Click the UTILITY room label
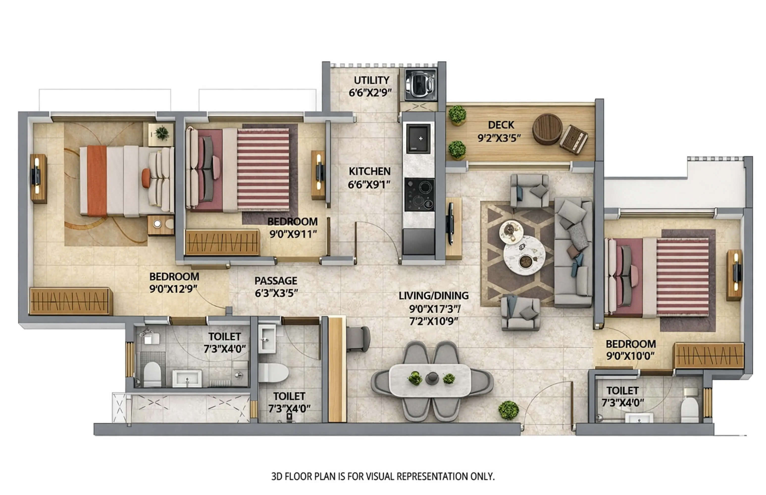coord(371,80)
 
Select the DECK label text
coord(501,125)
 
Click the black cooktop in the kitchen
coord(419,195)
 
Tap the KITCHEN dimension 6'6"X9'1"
coord(369,184)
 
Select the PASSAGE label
coord(276,281)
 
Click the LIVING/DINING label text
coord(433,296)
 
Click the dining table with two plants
coord(430,380)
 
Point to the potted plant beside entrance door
coord(508,410)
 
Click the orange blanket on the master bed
coord(97,181)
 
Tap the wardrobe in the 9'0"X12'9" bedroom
coord(71,301)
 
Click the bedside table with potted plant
coord(161,134)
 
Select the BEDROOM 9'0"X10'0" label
coord(630,344)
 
